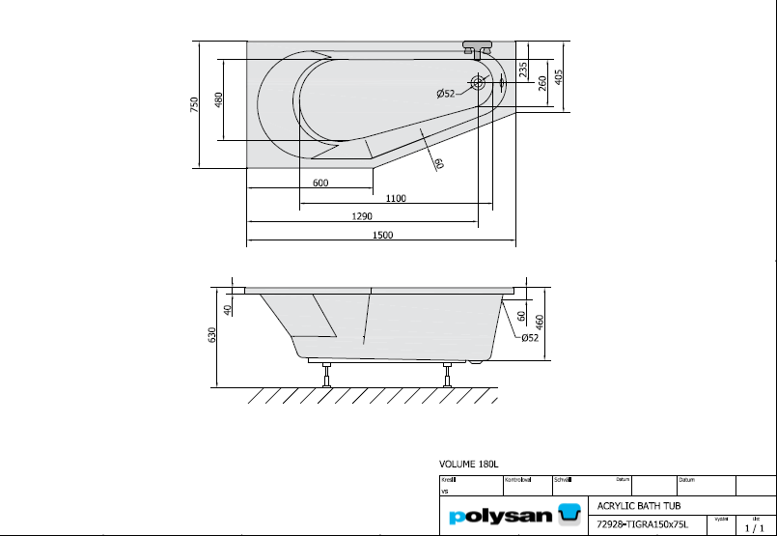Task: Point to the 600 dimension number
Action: (320, 183)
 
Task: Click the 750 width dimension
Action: (195, 103)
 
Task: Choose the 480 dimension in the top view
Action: (218, 99)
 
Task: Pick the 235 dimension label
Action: (522, 70)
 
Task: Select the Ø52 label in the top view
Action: (446, 94)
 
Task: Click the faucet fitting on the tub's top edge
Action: (478, 47)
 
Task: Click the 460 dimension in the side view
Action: (541, 321)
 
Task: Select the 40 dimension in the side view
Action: (228, 310)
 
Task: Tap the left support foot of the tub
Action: (327, 374)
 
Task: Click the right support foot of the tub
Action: (446, 374)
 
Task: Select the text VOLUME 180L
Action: (470, 465)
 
